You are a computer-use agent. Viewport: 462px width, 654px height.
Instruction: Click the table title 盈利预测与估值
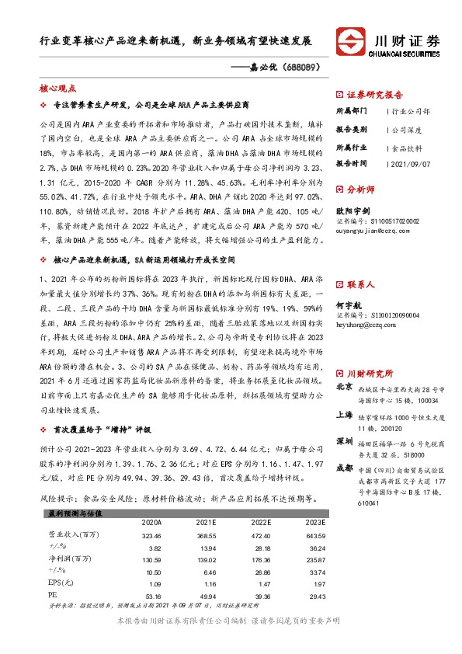click(67, 513)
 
